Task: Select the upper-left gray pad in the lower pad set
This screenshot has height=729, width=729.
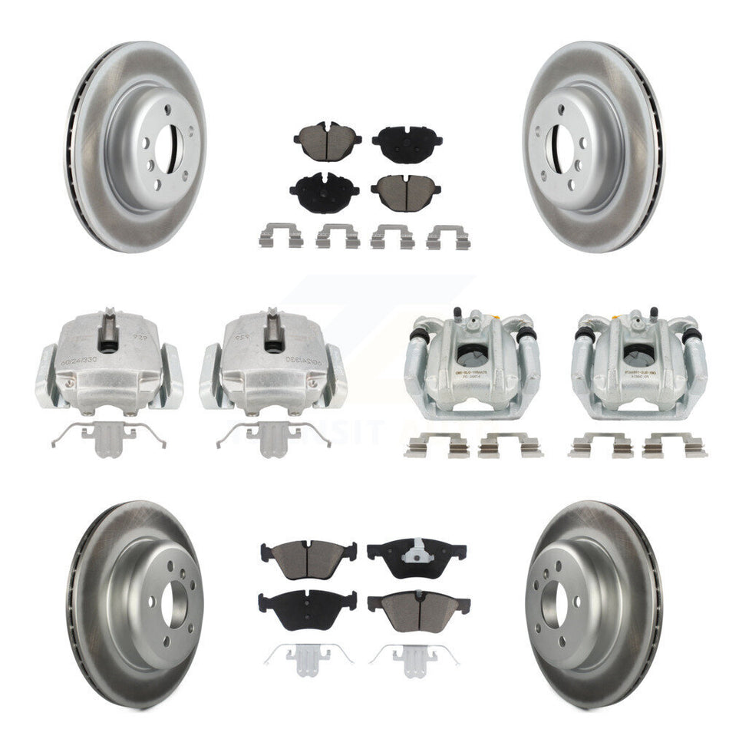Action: (x=308, y=559)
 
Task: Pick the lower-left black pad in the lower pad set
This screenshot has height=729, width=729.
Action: (x=307, y=601)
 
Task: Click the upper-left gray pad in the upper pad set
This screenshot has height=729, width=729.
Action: (x=327, y=142)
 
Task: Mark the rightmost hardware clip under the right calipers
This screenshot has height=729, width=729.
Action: (x=674, y=445)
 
